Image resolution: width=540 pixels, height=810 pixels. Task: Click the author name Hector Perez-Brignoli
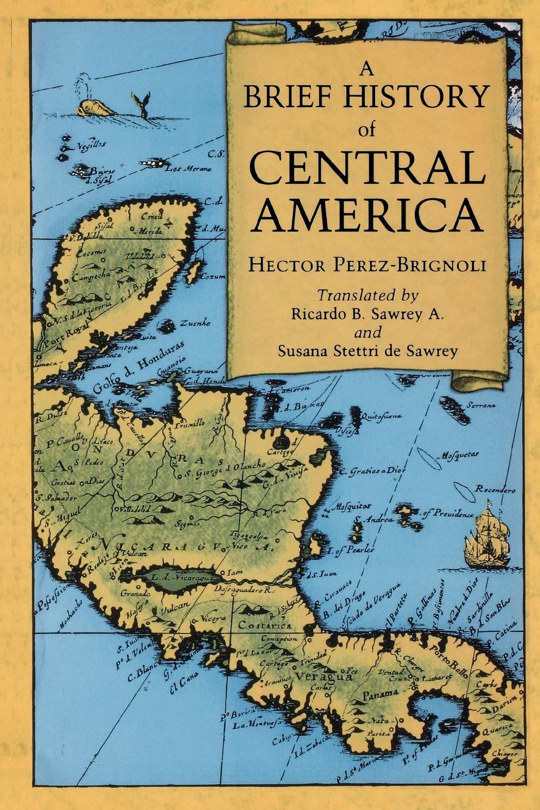367,264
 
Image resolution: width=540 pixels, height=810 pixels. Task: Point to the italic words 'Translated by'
367,295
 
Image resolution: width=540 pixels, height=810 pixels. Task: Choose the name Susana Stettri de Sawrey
367,351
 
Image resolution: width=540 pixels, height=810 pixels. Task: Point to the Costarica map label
264,626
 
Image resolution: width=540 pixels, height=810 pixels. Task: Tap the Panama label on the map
379,694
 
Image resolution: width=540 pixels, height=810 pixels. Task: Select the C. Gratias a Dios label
372,471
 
